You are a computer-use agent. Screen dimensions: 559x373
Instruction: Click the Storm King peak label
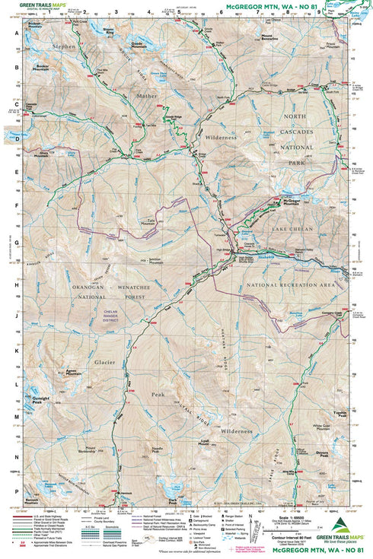click(109, 33)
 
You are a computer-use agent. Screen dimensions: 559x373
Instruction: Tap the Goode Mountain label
click(137, 45)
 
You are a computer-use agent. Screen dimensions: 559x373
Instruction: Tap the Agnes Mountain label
click(73, 373)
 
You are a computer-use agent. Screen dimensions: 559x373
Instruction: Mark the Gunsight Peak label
click(41, 399)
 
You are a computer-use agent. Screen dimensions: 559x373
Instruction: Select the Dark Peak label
click(173, 500)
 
